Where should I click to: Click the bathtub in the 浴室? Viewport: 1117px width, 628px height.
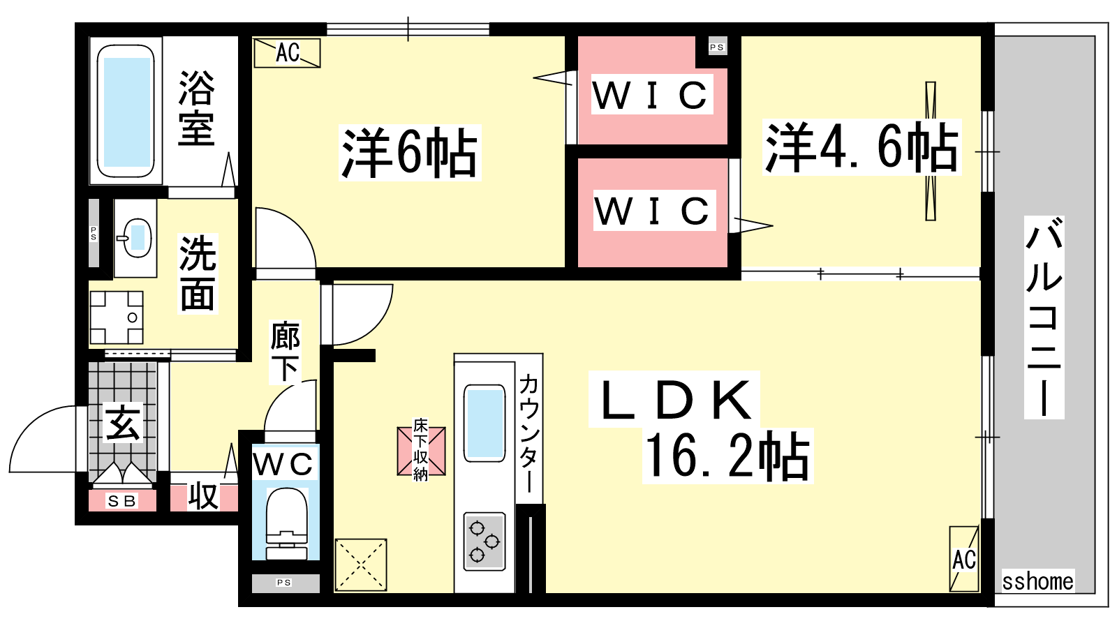pyautogui.click(x=126, y=112)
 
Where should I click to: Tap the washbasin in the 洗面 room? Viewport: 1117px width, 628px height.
pyautogui.click(x=136, y=237)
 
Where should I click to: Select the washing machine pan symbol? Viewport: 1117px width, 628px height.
pyautogui.click(x=116, y=317)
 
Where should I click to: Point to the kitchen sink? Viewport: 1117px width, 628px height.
pyautogui.click(x=484, y=423)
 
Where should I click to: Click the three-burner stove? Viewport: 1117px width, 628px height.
pyautogui.click(x=484, y=541)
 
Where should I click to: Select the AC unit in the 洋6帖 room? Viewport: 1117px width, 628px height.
pyautogui.click(x=287, y=53)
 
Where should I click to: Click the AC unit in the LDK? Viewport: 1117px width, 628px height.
pyautogui.click(x=964, y=559)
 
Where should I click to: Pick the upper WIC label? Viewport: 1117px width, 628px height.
pyautogui.click(x=651, y=96)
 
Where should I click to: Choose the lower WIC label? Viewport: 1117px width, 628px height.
pyautogui.click(x=653, y=211)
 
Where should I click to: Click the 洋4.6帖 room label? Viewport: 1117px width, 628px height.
pyautogui.click(x=861, y=147)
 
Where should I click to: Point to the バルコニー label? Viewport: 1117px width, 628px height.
pyautogui.click(x=1044, y=317)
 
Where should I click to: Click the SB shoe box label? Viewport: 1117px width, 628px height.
pyautogui.click(x=122, y=501)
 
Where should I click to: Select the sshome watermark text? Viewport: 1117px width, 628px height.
pyautogui.click(x=1037, y=581)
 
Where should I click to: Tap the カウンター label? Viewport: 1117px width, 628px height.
pyautogui.click(x=528, y=433)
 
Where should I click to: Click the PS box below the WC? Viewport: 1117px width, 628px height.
pyautogui.click(x=283, y=583)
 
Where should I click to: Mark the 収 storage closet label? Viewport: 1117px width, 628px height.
pyautogui.click(x=203, y=496)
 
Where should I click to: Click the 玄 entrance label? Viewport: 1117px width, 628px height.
pyautogui.click(x=123, y=423)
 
